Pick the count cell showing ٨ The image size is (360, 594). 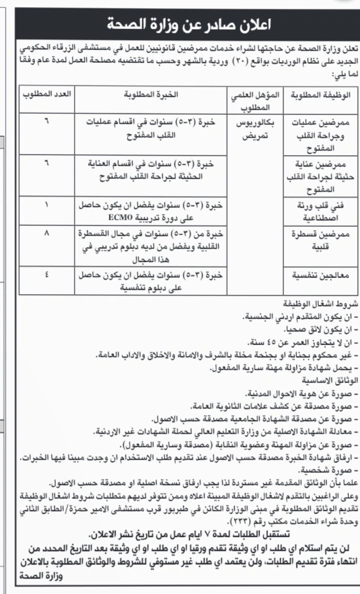coord(47,234)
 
